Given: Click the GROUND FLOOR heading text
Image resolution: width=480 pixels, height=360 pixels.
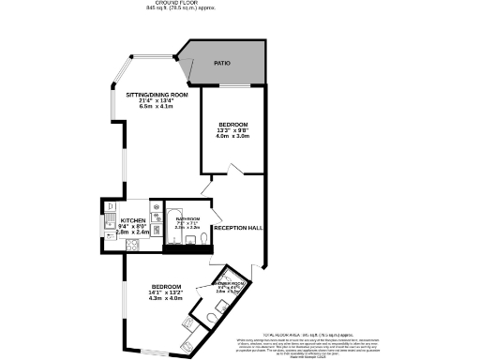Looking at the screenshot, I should point(239,3).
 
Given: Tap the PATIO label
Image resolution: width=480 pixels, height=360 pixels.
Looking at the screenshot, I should point(221,63).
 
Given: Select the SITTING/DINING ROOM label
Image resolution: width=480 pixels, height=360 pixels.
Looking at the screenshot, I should point(157,95).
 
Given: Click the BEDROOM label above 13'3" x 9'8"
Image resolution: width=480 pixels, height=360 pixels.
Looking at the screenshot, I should point(232,124).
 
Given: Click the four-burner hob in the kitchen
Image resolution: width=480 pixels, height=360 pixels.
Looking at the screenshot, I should point(131,246).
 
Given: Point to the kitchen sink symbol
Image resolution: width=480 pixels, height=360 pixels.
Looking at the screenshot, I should point(110,223).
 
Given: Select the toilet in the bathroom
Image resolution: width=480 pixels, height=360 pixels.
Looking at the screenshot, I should point(203,243).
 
